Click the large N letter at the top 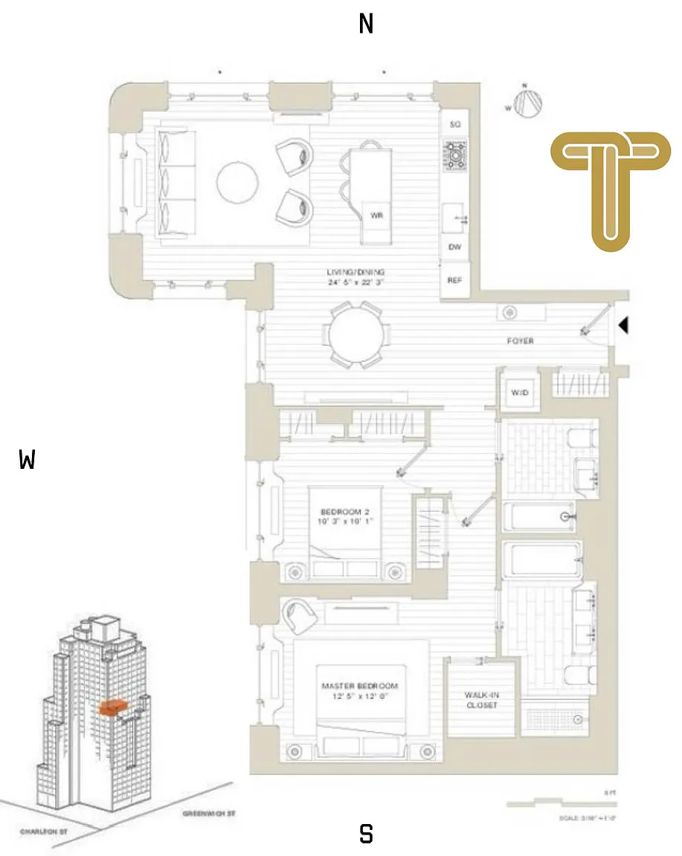pyautogui.click(x=366, y=25)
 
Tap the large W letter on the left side pyautogui.click(x=28, y=461)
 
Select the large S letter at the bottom pyautogui.click(x=366, y=834)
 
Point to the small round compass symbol pyautogui.click(x=530, y=103)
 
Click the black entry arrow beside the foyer pyautogui.click(x=624, y=325)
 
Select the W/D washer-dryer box pyautogui.click(x=519, y=392)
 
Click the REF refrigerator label pyautogui.click(x=454, y=280)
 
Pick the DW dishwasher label pyautogui.click(x=454, y=247)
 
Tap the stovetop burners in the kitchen pyautogui.click(x=454, y=155)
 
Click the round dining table pyautogui.click(x=359, y=335)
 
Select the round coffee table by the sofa pyautogui.click(x=237, y=181)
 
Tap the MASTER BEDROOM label pyautogui.click(x=360, y=690)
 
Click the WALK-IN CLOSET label pyautogui.click(x=480, y=700)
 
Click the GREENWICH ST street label pyautogui.click(x=209, y=814)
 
